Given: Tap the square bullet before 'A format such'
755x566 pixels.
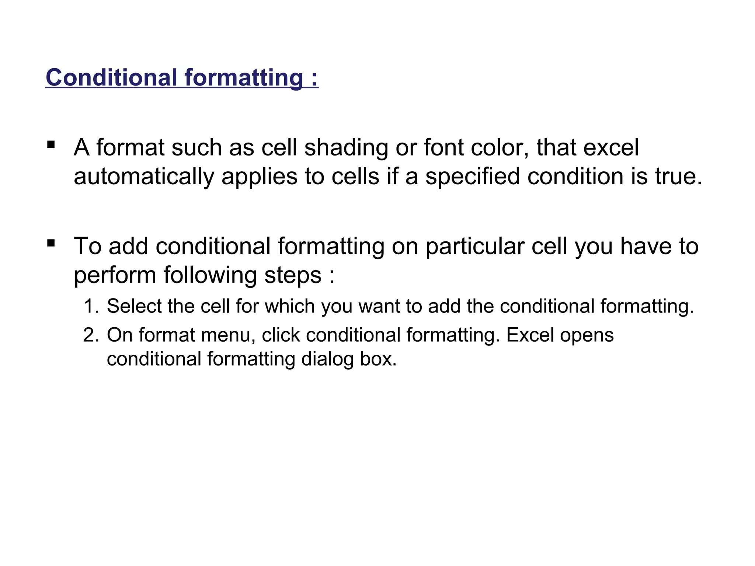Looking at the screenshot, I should pyautogui.click(x=51, y=144).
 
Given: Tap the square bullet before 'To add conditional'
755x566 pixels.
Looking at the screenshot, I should pyautogui.click(x=51, y=243).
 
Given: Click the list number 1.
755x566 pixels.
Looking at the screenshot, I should pyautogui.click(x=91, y=306).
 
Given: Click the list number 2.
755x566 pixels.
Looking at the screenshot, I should pyautogui.click(x=91, y=335).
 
